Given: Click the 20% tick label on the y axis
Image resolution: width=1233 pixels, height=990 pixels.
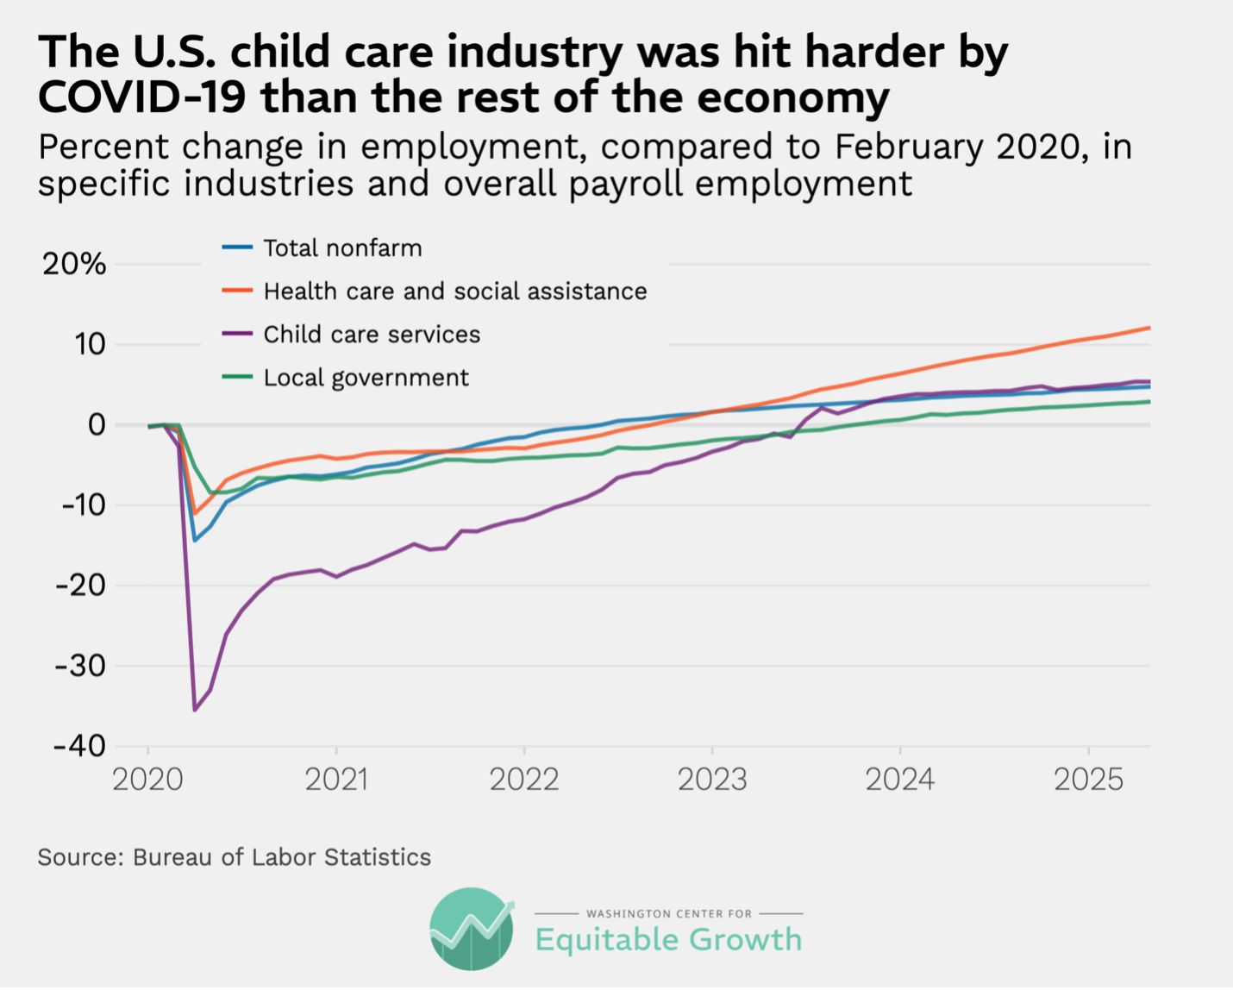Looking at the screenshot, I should click(x=74, y=264).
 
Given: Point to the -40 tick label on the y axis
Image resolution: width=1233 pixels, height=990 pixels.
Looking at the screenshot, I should click(x=79, y=745).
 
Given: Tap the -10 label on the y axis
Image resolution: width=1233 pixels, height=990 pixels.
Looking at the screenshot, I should click(x=83, y=504).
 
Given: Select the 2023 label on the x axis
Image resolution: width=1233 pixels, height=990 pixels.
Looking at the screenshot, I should click(x=711, y=780).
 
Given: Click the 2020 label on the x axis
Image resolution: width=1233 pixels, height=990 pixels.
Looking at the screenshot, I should click(x=147, y=780).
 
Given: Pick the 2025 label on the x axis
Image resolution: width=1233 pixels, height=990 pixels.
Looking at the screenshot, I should click(x=1088, y=780).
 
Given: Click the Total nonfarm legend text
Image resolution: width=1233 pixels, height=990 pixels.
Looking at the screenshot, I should click(x=342, y=248).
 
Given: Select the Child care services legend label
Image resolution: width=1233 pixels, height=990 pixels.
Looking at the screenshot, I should click(x=372, y=335).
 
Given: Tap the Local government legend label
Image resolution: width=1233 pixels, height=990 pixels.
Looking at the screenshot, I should click(x=366, y=378).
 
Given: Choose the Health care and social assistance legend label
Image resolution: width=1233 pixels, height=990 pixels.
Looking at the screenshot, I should click(x=454, y=291).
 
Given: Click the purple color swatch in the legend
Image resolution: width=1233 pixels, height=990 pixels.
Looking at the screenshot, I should click(x=237, y=334).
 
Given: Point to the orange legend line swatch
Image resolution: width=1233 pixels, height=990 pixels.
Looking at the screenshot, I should click(x=237, y=291).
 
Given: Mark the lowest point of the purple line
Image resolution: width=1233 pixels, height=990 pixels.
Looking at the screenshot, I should click(x=195, y=710).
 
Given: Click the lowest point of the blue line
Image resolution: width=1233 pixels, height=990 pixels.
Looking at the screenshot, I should click(x=195, y=541).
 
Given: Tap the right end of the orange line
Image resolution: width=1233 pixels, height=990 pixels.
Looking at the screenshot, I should click(x=1149, y=328).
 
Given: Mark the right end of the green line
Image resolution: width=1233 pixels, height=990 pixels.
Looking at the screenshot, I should click(x=1149, y=402).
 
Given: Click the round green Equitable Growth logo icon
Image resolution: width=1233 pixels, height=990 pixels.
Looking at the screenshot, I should click(x=471, y=929).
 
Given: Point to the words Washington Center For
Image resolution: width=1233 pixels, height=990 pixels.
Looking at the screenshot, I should click(x=668, y=913).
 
